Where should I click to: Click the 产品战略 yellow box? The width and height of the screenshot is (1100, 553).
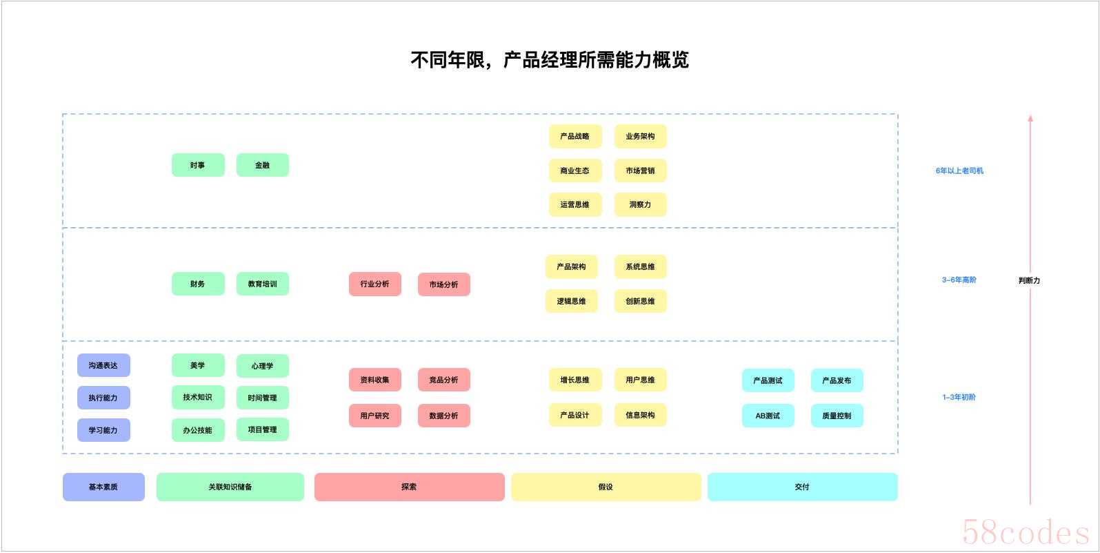pyautogui.click(x=575, y=136)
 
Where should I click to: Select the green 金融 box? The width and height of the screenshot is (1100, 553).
pyautogui.click(x=263, y=165)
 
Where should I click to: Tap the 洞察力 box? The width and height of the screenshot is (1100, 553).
pyautogui.click(x=641, y=204)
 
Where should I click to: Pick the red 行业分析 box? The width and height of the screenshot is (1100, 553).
pyautogui.click(x=375, y=284)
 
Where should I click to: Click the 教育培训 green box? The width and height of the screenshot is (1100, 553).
pyautogui.click(x=263, y=284)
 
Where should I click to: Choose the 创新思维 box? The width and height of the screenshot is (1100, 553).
pyautogui.click(x=641, y=301)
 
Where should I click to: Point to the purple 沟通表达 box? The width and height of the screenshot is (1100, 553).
pyautogui.click(x=103, y=365)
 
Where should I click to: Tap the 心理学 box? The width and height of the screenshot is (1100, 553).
pyautogui.click(x=263, y=366)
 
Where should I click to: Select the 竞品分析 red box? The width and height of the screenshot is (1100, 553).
pyautogui.click(x=444, y=380)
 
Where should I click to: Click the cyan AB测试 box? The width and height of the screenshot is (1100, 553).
pyautogui.click(x=768, y=416)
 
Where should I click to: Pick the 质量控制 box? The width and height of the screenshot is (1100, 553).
pyautogui.click(x=837, y=416)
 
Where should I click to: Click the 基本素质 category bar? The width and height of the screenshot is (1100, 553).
pyautogui.click(x=103, y=487)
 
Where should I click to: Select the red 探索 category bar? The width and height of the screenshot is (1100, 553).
pyautogui.click(x=410, y=487)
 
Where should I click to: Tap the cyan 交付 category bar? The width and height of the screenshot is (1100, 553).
pyautogui.click(x=802, y=487)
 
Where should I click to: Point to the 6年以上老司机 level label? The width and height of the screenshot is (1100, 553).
pyautogui.click(x=959, y=171)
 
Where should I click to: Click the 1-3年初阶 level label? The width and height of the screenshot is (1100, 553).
pyautogui.click(x=959, y=397)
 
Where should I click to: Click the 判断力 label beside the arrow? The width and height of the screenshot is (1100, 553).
pyautogui.click(x=1029, y=281)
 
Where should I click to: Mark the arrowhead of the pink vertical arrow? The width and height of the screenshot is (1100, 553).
pyautogui.click(x=1030, y=117)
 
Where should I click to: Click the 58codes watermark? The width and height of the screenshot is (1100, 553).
pyautogui.click(x=1026, y=532)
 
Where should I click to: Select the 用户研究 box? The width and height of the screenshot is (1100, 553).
pyautogui.click(x=375, y=416)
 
